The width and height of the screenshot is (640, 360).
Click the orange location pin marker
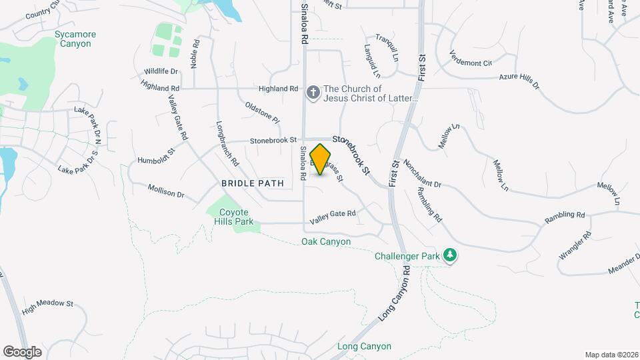[321, 159]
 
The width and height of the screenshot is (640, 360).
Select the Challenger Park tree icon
[451, 255]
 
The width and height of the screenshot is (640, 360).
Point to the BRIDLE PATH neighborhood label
[253, 183]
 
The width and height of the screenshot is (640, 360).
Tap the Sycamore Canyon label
[75, 39]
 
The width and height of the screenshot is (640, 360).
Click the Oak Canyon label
[325, 241]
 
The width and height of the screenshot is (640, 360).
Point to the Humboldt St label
[155, 156]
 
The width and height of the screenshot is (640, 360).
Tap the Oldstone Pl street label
[262, 112]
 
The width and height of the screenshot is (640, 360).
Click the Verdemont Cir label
[470, 59]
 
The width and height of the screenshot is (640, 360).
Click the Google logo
[22, 351]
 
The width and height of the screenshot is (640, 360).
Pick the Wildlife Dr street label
[161, 71]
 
